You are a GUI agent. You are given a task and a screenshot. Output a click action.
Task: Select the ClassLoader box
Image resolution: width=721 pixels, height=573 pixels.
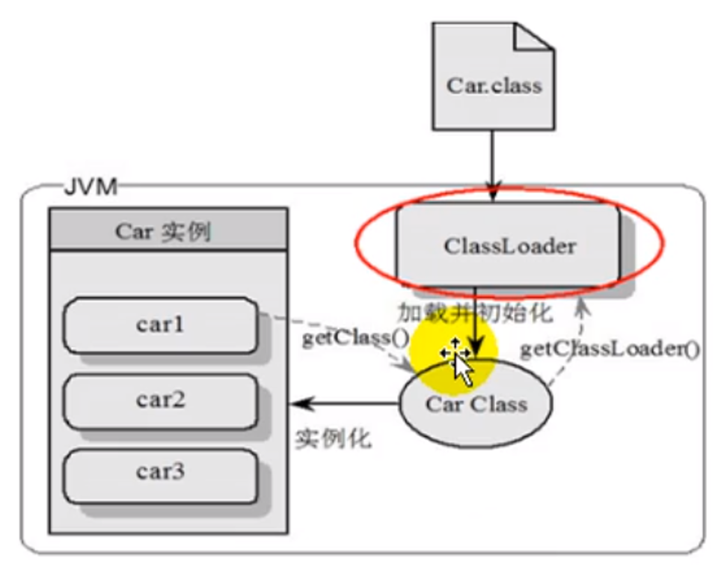coord(509,245)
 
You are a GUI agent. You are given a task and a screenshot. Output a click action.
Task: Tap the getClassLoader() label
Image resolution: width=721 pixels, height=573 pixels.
coord(610,349)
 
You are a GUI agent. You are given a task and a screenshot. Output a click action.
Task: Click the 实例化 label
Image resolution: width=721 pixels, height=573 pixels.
coord(334,439)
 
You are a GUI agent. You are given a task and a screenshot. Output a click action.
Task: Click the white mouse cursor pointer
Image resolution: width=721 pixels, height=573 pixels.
coord(464,370)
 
